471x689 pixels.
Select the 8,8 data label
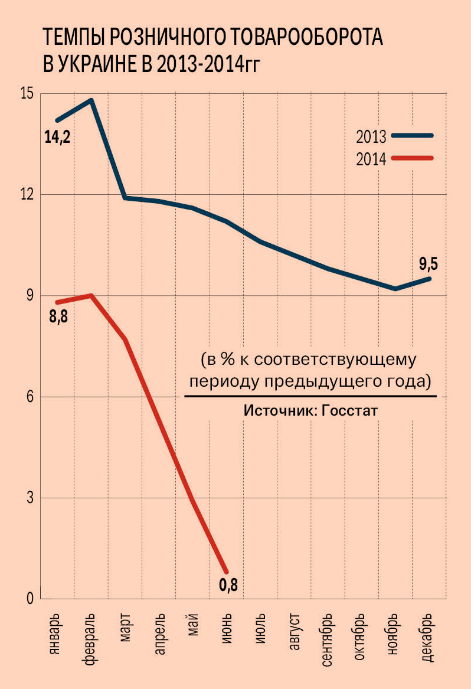coord(58,317)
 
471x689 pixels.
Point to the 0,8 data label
coord(228,586)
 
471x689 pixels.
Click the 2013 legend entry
coord(371,137)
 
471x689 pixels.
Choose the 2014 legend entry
coord(371,159)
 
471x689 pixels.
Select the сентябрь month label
coord(329,639)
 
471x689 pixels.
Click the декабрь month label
coord(430,635)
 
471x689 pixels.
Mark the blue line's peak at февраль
coord(91,100)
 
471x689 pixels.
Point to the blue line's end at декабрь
coord(429,278)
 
